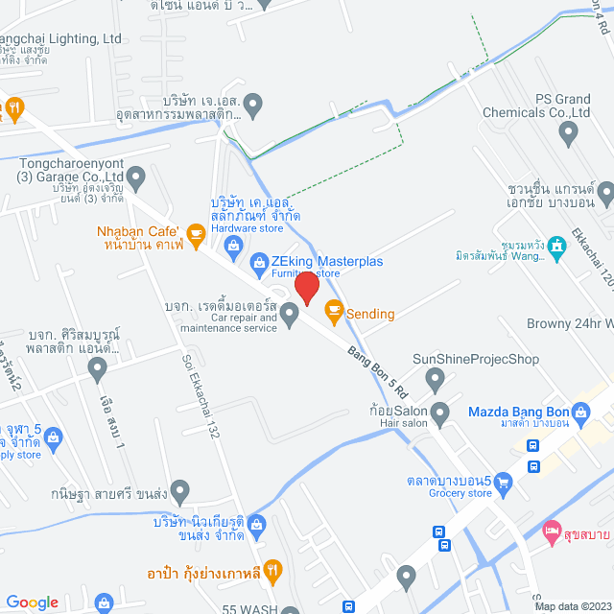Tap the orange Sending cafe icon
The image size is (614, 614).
click(x=333, y=309)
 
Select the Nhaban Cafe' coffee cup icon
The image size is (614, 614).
click(x=196, y=232)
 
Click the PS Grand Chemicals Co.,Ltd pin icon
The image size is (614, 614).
click(x=574, y=133)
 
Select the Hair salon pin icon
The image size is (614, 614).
click(x=440, y=415)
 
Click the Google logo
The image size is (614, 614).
click(x=33, y=602)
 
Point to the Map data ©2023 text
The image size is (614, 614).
click(x=573, y=606)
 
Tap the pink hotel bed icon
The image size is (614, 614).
click(x=551, y=530)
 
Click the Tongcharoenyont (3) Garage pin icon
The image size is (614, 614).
click(x=136, y=177)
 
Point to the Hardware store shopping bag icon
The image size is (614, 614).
click(x=233, y=247)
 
